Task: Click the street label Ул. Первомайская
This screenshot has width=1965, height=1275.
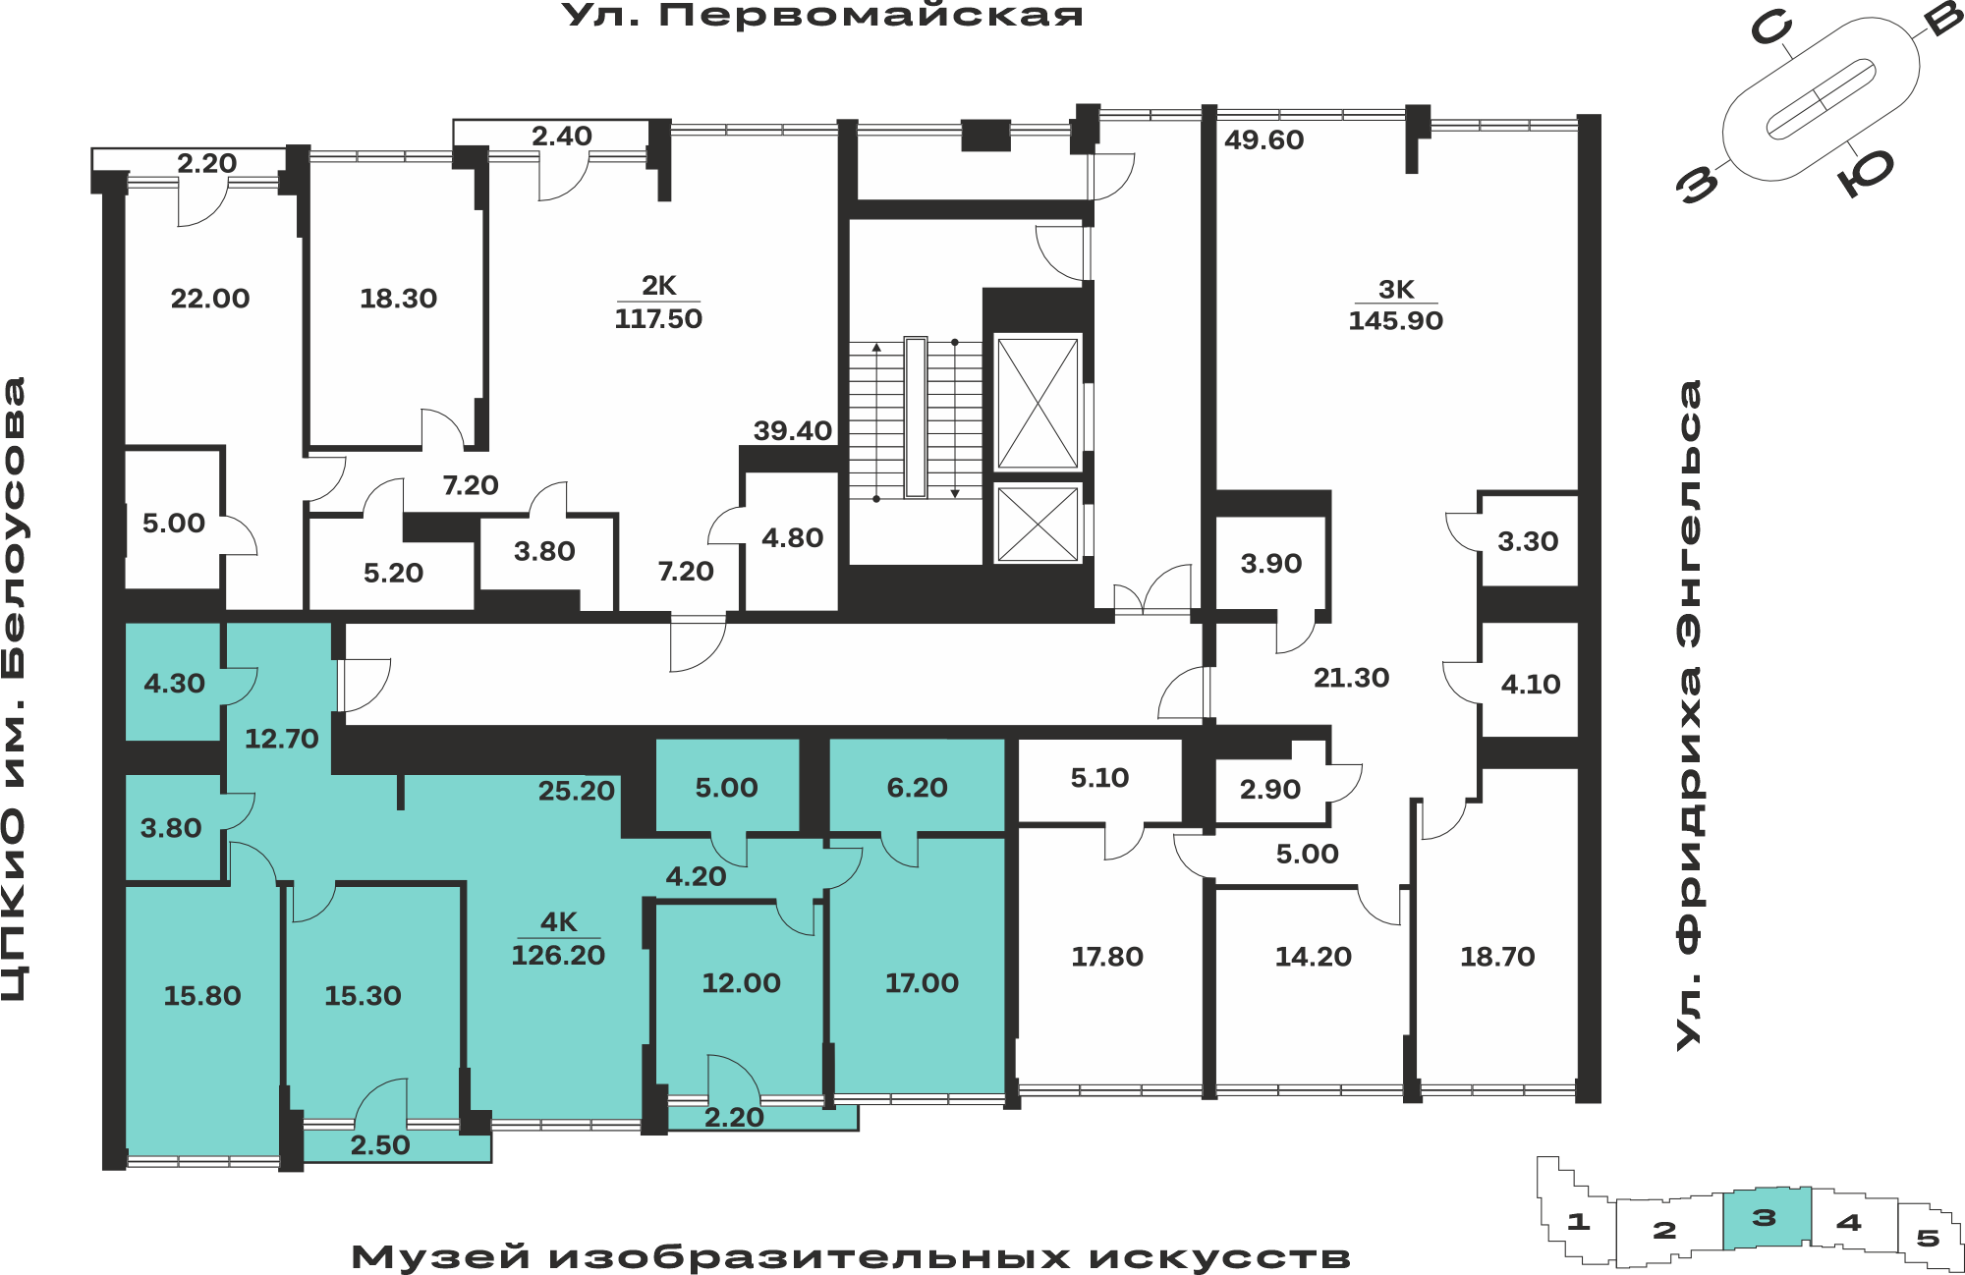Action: coord(822,15)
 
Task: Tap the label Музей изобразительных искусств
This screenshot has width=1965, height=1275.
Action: coord(851,1257)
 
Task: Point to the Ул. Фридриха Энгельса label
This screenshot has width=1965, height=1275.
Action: coord(1688,715)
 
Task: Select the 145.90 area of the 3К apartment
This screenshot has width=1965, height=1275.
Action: coord(1395,320)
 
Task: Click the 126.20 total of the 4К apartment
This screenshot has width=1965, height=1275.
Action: coord(558,955)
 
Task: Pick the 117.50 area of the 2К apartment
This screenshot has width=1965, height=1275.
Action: coord(658,318)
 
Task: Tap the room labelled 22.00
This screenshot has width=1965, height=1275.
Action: coord(210,298)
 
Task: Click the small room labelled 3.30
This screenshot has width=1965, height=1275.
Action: coord(1529,541)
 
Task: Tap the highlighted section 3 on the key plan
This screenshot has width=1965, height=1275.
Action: coord(1767,1218)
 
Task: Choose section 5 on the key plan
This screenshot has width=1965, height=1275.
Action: coord(1928,1238)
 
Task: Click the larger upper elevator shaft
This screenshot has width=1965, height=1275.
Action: coord(1038,403)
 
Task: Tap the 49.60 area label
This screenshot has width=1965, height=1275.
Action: coord(1263,140)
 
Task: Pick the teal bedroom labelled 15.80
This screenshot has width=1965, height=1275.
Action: coord(202,996)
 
